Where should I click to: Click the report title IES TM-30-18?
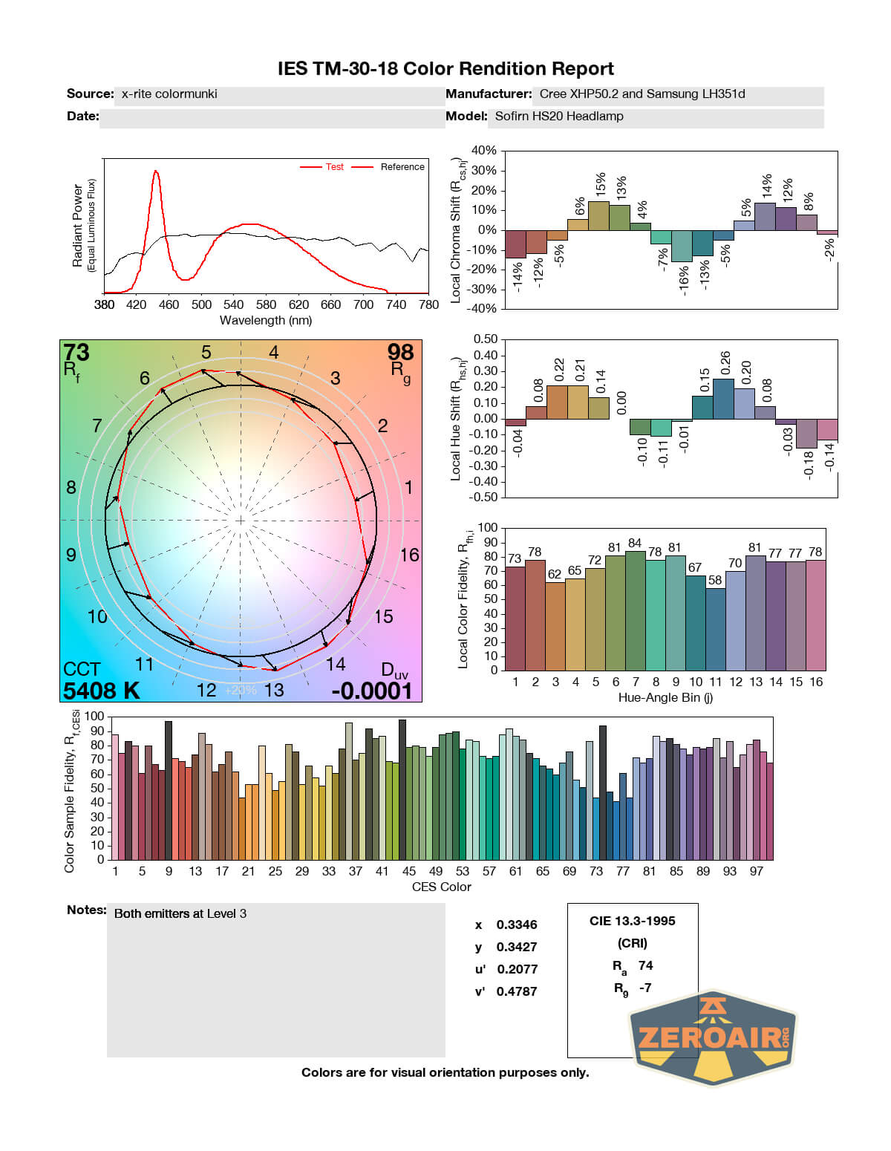pyautogui.click(x=446, y=69)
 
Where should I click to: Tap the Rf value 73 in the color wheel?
pyautogui.click(x=76, y=352)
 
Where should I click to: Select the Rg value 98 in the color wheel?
pyautogui.click(x=400, y=352)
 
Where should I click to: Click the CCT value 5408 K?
pyautogui.click(x=102, y=691)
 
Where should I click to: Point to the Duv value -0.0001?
pyautogui.click(x=371, y=691)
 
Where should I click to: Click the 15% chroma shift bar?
pyautogui.click(x=598, y=215)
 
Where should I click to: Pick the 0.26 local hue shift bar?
pyautogui.click(x=723, y=399)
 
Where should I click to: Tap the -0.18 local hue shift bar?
pyautogui.click(x=806, y=433)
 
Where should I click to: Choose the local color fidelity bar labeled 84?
pyautogui.click(x=635, y=610)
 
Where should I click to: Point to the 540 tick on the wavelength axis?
pyautogui.click(x=233, y=304)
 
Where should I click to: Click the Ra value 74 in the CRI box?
pyautogui.click(x=645, y=965)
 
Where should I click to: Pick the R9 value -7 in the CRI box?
pyautogui.click(x=644, y=988)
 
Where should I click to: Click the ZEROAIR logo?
pyautogui.click(x=713, y=1037)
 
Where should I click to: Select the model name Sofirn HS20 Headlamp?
pyautogui.click(x=559, y=117)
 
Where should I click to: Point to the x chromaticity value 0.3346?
pyautogui.click(x=517, y=925)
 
